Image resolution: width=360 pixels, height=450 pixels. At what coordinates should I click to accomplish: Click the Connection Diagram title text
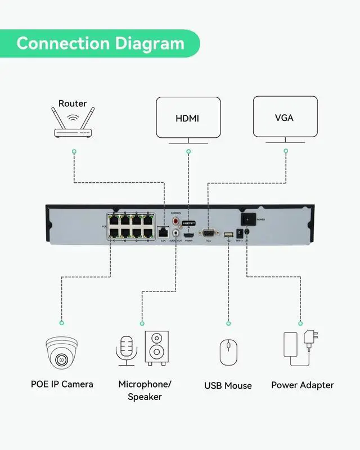100,43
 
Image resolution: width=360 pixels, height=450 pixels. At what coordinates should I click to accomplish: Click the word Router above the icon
73,103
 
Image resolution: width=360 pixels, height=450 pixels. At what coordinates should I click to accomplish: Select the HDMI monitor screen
188,118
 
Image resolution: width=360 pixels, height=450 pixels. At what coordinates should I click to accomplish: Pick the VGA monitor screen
283,117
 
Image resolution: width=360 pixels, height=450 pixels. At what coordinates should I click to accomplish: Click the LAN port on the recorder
163,231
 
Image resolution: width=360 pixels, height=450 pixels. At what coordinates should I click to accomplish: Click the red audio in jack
175,220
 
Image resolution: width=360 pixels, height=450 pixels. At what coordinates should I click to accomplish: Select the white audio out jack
177,232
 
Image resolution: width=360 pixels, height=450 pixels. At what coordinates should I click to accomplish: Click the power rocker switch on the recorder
247,219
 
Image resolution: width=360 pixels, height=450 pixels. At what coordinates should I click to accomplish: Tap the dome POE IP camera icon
62,352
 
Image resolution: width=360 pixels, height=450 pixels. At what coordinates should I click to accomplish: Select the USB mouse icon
228,353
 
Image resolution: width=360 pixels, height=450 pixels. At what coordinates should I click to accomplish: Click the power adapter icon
300,348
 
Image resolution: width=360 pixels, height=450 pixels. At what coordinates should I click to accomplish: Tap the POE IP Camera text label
62,385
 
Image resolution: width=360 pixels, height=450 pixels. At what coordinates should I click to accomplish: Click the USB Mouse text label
228,386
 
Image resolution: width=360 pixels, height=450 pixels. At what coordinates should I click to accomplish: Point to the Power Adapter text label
302,385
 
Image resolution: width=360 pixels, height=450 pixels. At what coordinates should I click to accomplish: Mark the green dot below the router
74,152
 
